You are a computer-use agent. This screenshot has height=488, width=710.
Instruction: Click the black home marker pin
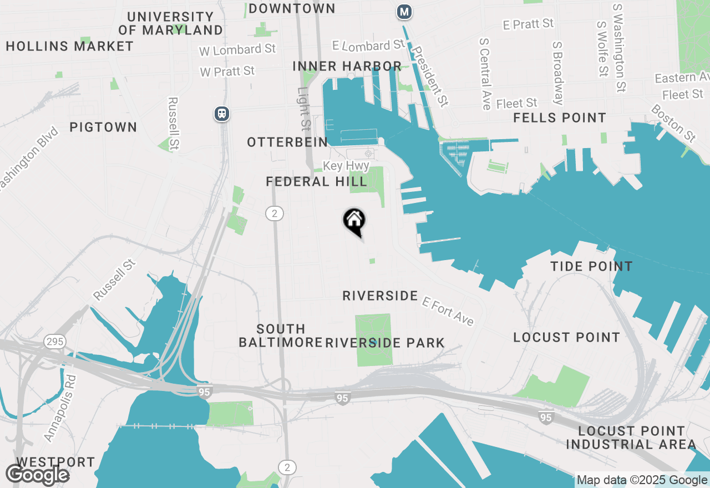354,221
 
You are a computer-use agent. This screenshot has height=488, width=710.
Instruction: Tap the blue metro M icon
404,11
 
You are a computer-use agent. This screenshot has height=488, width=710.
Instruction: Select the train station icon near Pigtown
222,114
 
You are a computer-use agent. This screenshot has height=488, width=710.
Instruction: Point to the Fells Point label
559,118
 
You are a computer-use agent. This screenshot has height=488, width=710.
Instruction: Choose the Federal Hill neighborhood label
316,181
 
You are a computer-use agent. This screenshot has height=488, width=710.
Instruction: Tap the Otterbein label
287,142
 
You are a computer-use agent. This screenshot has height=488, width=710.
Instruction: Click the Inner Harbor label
347,66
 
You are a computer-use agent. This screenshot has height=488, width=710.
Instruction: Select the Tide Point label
591,266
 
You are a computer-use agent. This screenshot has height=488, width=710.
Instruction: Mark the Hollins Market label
70,46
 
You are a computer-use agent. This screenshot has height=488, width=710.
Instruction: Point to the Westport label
55,462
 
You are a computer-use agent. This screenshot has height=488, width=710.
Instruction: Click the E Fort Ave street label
448,311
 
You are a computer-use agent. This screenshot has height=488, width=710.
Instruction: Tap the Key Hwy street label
346,166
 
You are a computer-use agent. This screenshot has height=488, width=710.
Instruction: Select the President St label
432,76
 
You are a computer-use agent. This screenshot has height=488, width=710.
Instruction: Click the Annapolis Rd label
59,408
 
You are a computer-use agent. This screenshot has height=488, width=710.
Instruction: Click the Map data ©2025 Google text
642,480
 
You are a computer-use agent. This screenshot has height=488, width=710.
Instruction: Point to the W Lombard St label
237,49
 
